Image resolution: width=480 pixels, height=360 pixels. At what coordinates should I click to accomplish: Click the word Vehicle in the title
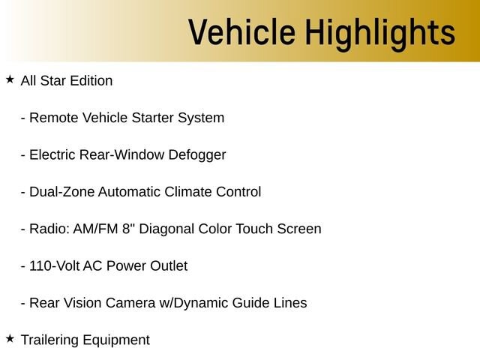tap(241, 31)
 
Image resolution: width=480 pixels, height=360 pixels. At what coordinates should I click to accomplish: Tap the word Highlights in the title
tap(380, 34)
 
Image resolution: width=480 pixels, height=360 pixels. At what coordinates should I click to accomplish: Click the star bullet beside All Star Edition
tap(10, 79)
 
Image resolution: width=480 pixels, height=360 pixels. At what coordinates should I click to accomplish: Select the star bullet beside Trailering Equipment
tap(10, 338)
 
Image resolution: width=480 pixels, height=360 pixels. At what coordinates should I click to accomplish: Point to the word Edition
tap(91, 81)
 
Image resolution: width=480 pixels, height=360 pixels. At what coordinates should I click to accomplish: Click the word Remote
tap(53, 118)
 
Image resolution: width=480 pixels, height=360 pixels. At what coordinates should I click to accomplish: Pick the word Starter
tap(152, 118)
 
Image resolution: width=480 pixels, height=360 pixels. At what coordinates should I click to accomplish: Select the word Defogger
tap(197, 156)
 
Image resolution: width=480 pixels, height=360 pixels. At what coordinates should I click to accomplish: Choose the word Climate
tap(188, 192)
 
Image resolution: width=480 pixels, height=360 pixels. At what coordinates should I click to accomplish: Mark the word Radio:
tap(49, 229)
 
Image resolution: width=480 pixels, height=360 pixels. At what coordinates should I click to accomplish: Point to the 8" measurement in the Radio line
tap(128, 229)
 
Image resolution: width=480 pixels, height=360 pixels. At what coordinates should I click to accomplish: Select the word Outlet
tap(169, 266)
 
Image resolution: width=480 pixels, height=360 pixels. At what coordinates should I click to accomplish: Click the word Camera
tap(130, 303)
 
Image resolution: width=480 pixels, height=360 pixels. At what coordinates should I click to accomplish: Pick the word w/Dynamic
tap(193, 304)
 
